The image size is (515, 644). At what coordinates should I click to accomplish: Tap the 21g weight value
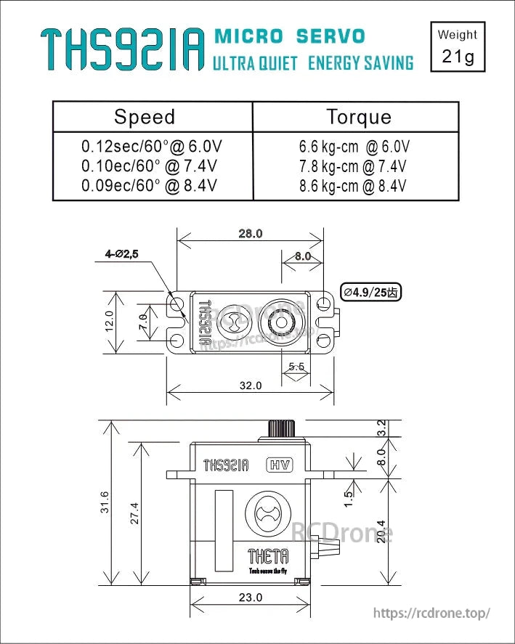pos(458,57)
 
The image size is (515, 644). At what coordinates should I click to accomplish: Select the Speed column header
pos(145,117)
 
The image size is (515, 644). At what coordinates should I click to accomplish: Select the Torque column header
pos(358,117)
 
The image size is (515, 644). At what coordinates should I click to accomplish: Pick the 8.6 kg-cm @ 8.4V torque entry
pos(353,186)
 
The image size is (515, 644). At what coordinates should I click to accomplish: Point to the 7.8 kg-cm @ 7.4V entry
pos(353,166)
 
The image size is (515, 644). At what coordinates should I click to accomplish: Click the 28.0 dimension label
pos(250,234)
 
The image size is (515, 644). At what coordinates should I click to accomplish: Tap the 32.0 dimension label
pos(250,386)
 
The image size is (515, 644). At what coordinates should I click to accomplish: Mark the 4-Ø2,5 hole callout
pos(121,254)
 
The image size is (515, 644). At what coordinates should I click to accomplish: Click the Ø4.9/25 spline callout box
pos(371,293)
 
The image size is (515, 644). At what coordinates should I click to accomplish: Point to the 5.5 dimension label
pos(296,367)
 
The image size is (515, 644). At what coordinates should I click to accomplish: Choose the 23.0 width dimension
pos(250,598)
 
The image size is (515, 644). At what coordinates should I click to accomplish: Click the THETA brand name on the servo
pos(268,556)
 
